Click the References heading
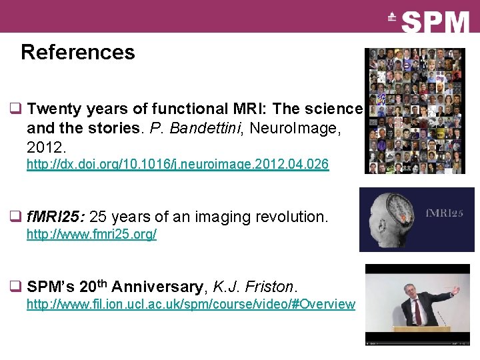point(77,52)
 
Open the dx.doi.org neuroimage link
point(177,164)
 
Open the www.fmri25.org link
point(91,235)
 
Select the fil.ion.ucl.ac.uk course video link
point(191,305)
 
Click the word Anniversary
point(157,287)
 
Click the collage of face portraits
point(417,111)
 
